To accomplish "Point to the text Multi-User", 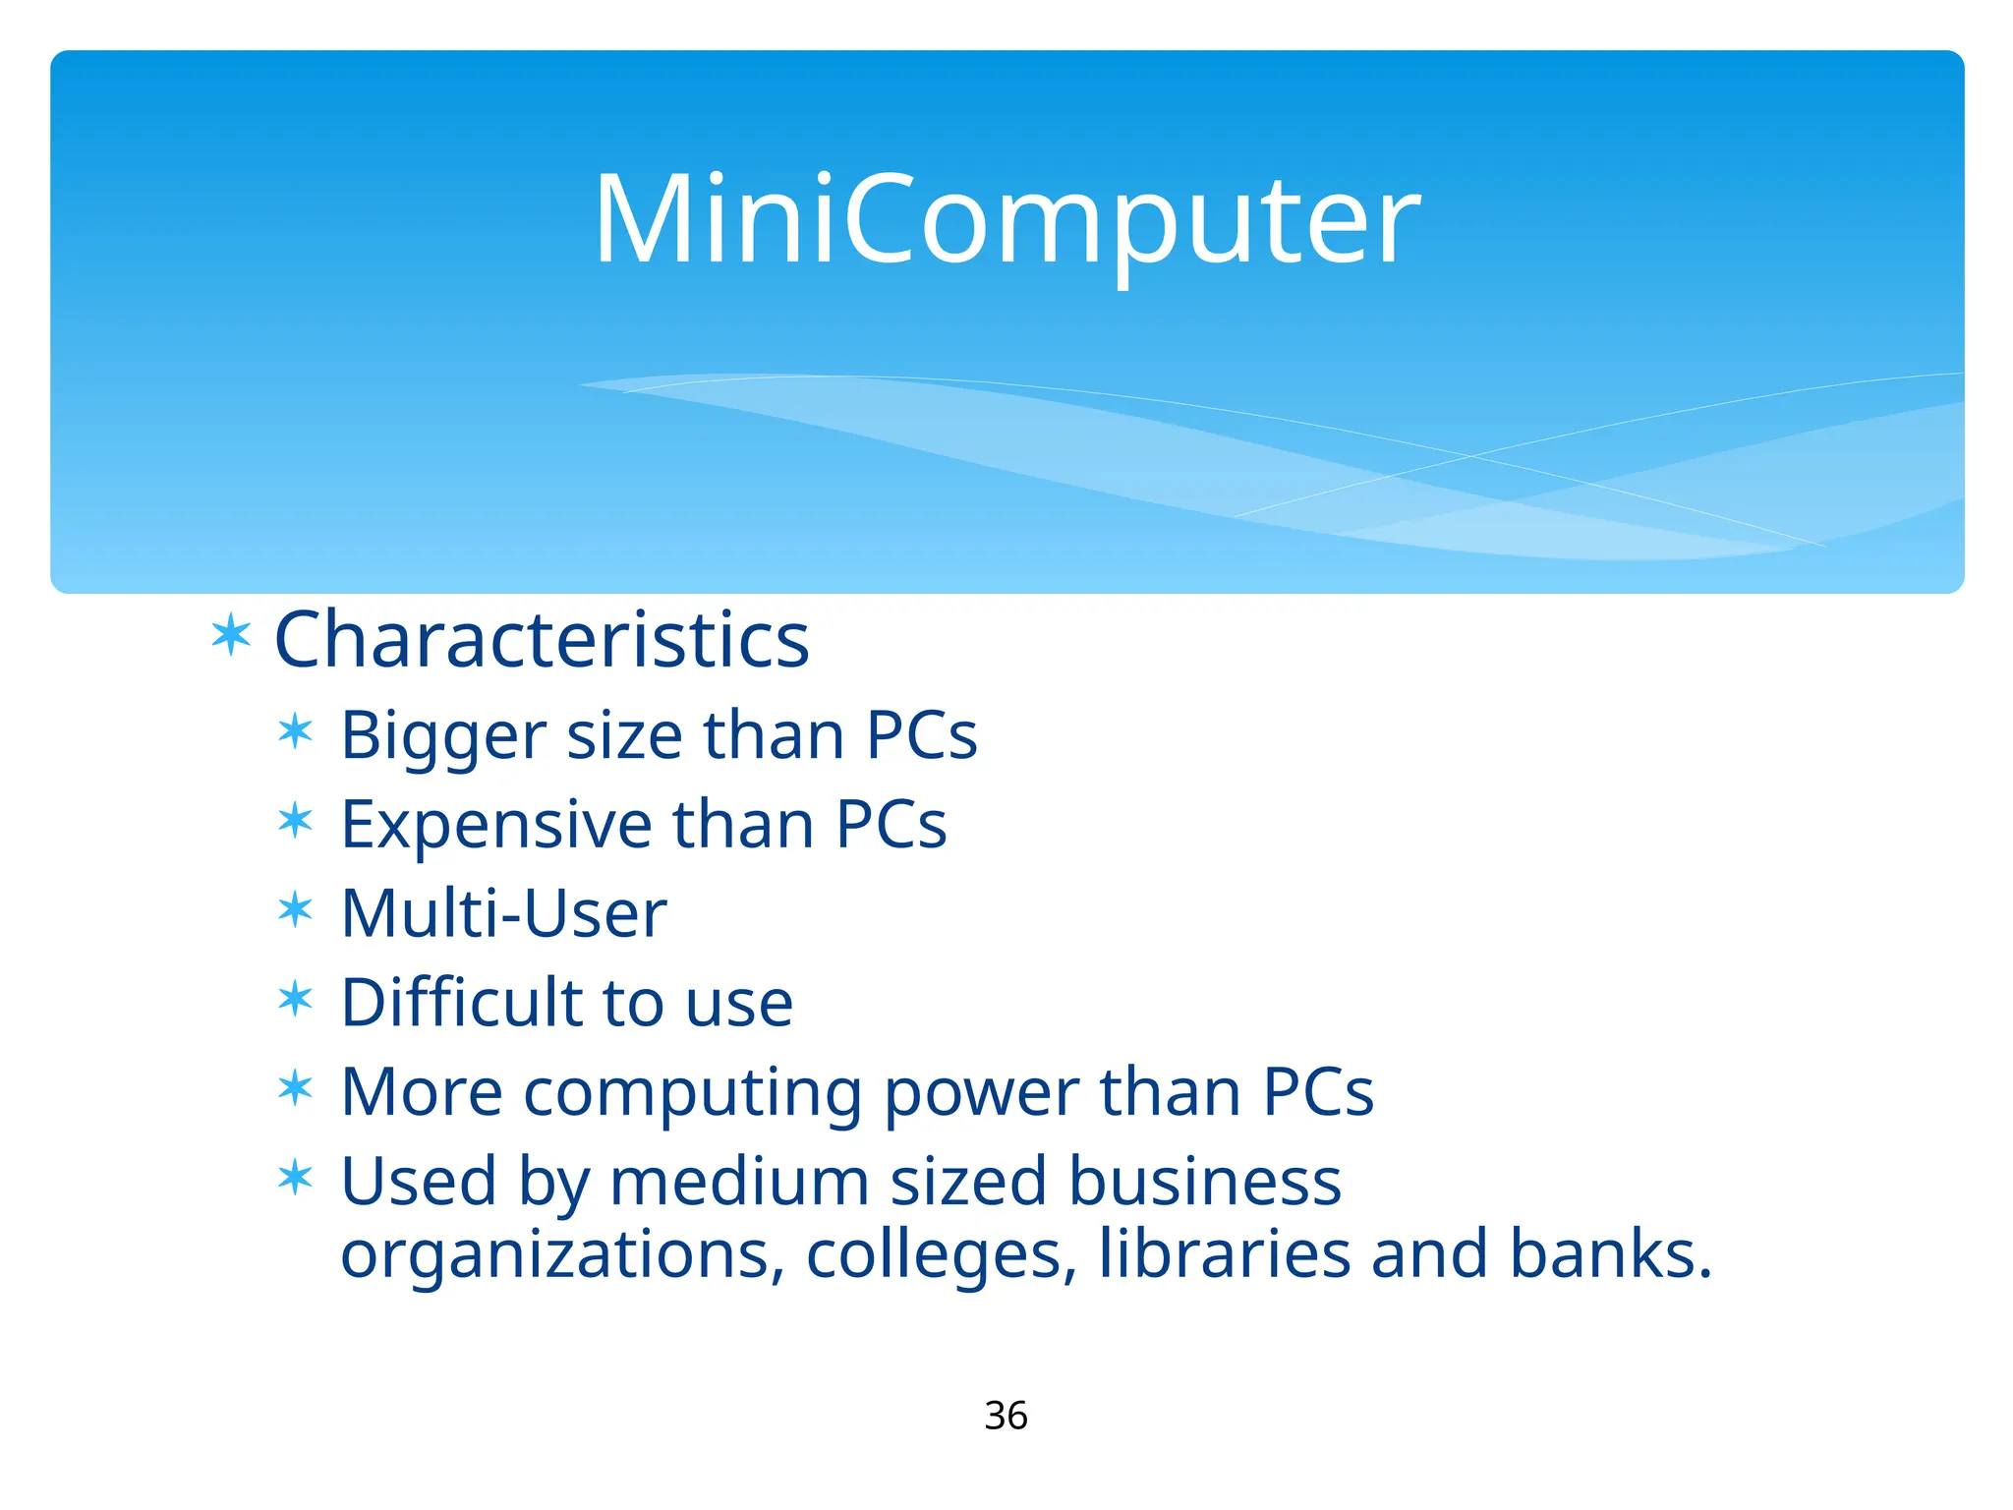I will [x=503, y=913].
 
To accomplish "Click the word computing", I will [x=692, y=1093].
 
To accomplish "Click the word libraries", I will [x=1225, y=1254].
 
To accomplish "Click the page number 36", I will [x=1006, y=1416].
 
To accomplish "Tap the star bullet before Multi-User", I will [x=295, y=910].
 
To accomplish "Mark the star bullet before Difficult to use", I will [x=295, y=1000].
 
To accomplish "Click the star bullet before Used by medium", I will [x=295, y=1177].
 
